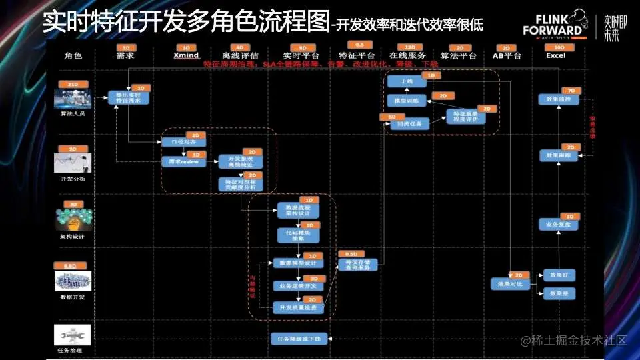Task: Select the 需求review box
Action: [x=181, y=162]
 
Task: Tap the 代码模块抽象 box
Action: [x=298, y=235]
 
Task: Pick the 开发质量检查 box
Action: [x=298, y=308]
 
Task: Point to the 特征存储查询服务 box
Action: [x=358, y=265]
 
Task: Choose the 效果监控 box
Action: [x=559, y=99]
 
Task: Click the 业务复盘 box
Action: [x=559, y=225]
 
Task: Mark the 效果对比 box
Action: [x=511, y=284]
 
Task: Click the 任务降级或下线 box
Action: [x=298, y=339]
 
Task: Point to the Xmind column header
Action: [x=185, y=56]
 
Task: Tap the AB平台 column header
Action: [x=507, y=56]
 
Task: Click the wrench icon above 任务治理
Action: [x=73, y=335]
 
